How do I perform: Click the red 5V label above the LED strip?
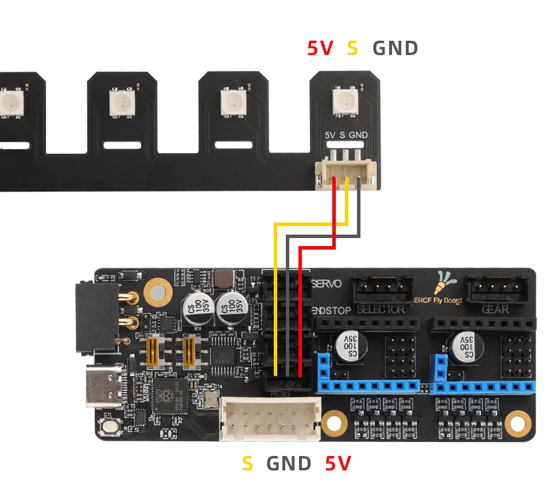[x=320, y=48]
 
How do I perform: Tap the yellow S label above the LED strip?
[x=352, y=48]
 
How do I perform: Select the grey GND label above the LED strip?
[x=395, y=48]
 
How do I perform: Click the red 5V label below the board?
[x=337, y=463]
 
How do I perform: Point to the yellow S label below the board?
[x=247, y=463]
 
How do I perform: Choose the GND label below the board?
[x=289, y=463]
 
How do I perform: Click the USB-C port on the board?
[x=105, y=385]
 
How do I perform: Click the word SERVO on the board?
[x=327, y=284]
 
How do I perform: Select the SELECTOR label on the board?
[x=381, y=310]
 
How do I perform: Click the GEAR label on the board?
[x=495, y=310]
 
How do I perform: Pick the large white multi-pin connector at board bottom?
[x=270, y=419]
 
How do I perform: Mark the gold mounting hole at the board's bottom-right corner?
[x=517, y=423]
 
